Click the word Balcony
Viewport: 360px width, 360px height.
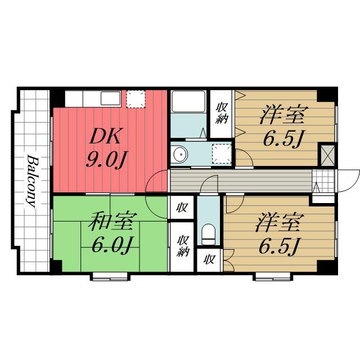(31, 181)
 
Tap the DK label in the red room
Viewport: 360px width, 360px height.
(105, 136)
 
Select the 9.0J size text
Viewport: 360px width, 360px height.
(106, 159)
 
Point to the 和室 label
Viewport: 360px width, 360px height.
(112, 221)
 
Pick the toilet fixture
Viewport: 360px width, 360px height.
(209, 234)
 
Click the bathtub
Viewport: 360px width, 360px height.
(188, 101)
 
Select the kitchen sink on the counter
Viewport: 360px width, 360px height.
(111, 98)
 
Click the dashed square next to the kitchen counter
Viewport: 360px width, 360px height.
(136, 99)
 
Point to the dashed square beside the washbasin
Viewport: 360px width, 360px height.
(222, 154)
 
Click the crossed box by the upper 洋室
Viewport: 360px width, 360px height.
(327, 155)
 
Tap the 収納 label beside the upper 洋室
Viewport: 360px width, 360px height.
(222, 114)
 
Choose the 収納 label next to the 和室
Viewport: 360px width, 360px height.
(183, 246)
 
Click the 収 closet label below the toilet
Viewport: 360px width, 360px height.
(209, 259)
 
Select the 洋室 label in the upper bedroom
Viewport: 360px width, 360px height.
(283, 114)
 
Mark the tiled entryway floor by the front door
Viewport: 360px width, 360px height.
(323, 181)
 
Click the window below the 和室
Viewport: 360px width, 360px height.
(110, 276)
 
